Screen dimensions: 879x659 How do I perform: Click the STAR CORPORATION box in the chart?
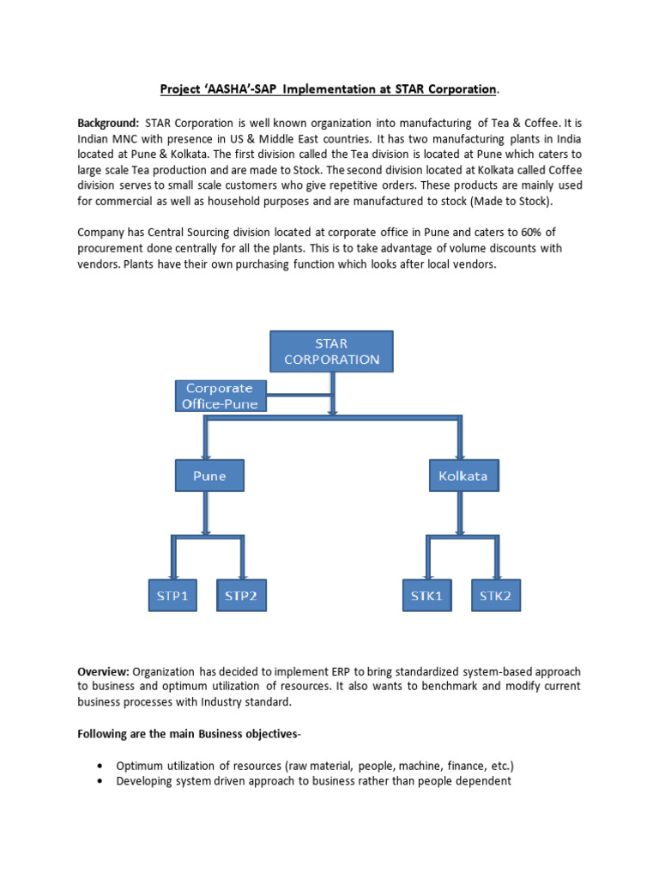point(331,351)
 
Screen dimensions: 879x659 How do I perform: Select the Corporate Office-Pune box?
point(220,395)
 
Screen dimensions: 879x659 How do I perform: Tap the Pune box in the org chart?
point(209,476)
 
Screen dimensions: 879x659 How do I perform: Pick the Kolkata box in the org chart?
point(463,476)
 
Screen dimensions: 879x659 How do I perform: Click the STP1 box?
point(172,596)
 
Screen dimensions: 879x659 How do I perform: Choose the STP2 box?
point(240,596)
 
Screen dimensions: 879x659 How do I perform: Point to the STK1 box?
point(426,596)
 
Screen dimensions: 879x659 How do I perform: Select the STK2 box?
point(495,596)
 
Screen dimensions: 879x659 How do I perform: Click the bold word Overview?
point(103,670)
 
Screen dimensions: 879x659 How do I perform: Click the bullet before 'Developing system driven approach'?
point(102,782)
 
